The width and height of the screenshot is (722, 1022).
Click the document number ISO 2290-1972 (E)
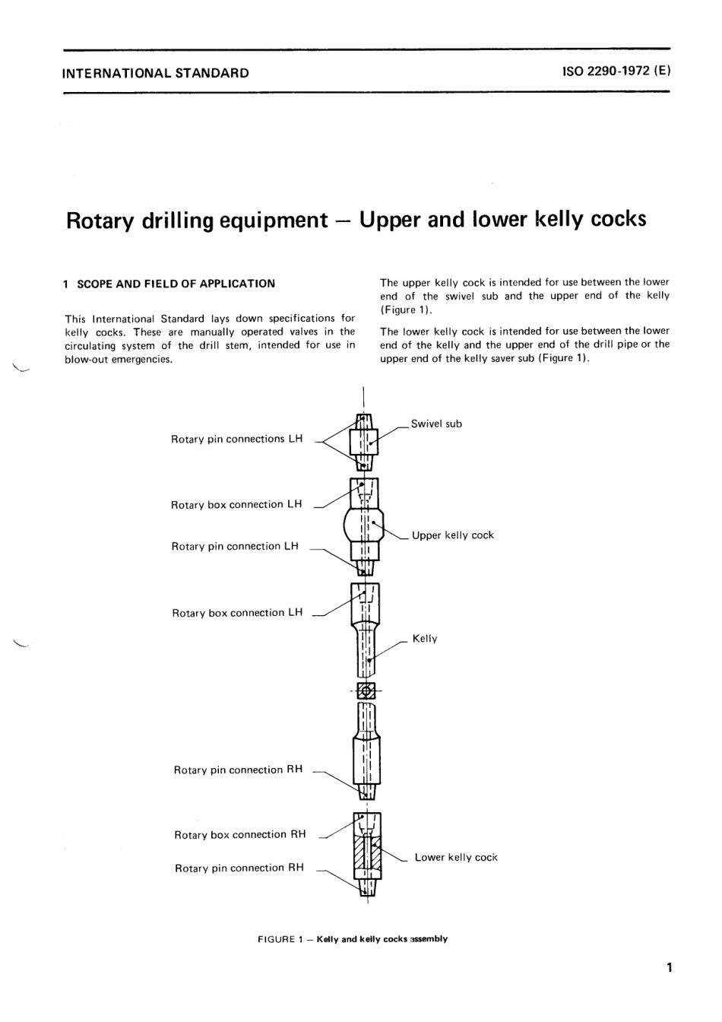[616, 73]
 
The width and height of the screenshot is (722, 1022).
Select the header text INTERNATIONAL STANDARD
[156, 74]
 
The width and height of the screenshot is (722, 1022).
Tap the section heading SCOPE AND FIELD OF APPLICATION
[176, 284]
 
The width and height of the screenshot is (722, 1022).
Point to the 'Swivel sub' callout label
[436, 424]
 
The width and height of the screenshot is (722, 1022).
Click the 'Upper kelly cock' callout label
[452, 535]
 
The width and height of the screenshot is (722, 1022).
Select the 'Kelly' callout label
[425, 639]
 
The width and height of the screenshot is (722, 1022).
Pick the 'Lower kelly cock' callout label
[456, 857]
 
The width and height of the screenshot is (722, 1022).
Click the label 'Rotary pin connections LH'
[236, 439]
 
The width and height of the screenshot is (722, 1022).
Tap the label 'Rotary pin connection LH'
[235, 546]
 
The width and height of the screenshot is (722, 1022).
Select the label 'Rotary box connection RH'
[239, 834]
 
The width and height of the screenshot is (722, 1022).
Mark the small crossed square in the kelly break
[366, 690]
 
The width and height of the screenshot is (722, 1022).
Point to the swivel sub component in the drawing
[364, 442]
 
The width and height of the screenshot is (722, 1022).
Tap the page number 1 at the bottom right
[669, 968]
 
